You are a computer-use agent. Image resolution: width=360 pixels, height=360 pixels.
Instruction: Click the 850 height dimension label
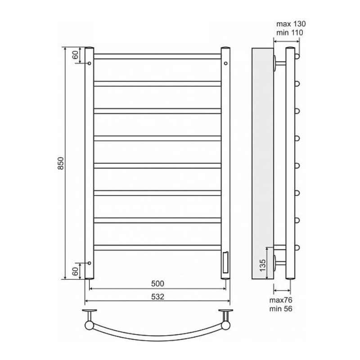point(60,163)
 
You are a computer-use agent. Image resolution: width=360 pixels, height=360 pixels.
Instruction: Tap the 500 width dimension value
point(157,283)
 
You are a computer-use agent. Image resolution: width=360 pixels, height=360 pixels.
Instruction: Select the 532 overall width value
point(157,297)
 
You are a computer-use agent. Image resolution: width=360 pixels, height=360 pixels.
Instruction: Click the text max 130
point(291,24)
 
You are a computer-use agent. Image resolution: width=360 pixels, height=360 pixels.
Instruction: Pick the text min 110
point(290,32)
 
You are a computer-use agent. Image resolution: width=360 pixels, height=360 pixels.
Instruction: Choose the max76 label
point(280,300)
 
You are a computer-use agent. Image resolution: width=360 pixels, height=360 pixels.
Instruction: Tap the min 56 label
point(280,309)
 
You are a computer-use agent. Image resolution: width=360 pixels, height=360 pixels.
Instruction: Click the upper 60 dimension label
point(75,55)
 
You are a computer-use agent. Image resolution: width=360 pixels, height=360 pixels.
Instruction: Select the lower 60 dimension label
point(75,271)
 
